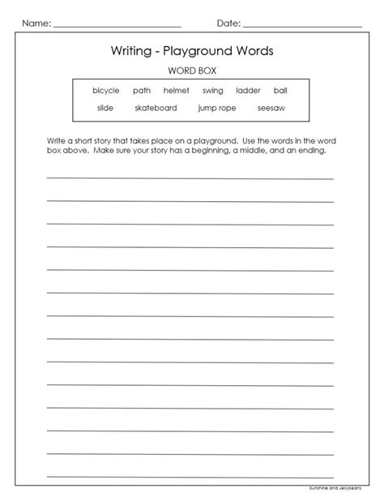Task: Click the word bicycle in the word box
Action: coord(107,91)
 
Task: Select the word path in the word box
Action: coord(142,91)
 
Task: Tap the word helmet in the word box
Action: coord(177,91)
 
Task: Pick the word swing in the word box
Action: coord(213,91)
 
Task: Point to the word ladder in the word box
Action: coord(248,91)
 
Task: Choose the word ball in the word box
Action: coord(280,91)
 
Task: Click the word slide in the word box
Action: coord(105,107)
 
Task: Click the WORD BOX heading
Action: coord(192,70)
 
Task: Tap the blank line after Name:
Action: coord(117,27)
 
